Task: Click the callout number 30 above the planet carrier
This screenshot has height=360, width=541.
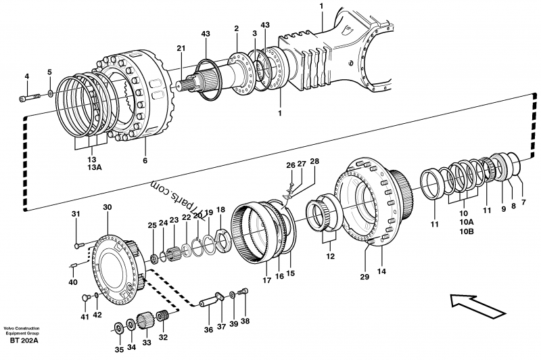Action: point(107,206)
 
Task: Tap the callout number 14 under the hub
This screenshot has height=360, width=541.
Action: point(381,271)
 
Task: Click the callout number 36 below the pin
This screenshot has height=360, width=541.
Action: point(208,330)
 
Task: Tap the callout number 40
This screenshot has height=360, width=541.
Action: point(73,282)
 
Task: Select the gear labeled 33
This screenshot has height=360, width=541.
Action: point(143,317)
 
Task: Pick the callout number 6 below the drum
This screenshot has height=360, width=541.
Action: point(143,160)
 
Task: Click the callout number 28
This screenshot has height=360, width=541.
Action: point(313,162)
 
